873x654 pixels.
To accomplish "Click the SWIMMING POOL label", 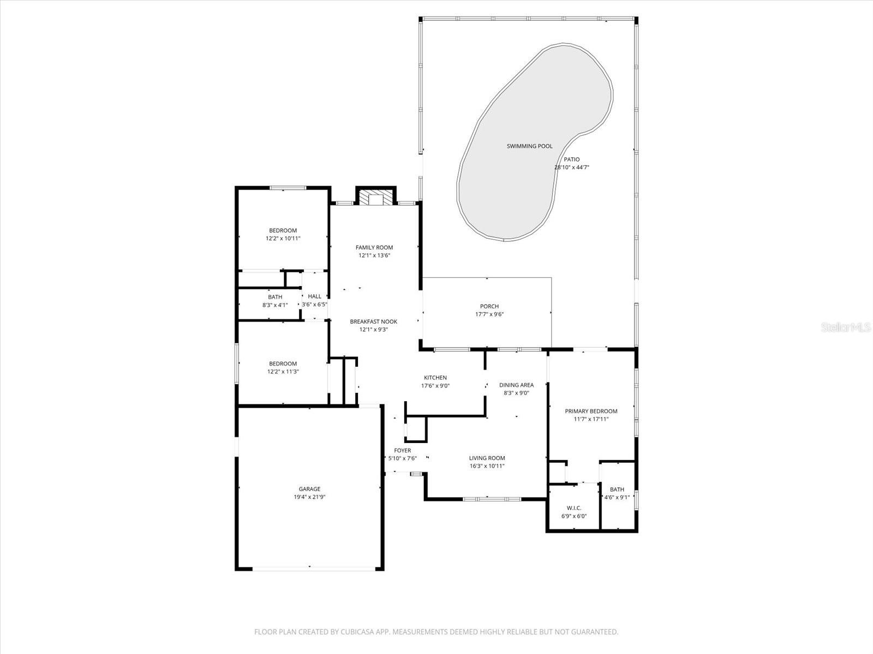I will (529, 146).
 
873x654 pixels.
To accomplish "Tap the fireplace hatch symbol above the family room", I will (376, 199).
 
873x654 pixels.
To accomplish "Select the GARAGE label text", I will (309, 489).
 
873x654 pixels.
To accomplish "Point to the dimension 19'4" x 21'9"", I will (309, 497).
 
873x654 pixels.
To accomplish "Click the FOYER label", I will (403, 450).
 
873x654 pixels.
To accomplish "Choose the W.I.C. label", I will (574, 508).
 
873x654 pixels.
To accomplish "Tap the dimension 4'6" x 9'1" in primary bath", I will (617, 497).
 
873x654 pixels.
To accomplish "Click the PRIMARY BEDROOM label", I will (591, 411).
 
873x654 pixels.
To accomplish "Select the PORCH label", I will (489, 306).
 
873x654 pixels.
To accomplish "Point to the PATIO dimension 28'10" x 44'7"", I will (572, 167).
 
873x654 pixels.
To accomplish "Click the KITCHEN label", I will (435, 378).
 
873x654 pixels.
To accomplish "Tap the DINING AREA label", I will (516, 385).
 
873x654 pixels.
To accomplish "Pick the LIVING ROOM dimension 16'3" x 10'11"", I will (487, 466).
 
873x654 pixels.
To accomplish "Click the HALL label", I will (315, 296).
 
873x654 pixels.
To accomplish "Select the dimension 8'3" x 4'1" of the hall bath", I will (275, 305).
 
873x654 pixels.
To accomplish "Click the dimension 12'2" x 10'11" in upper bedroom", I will (283, 238).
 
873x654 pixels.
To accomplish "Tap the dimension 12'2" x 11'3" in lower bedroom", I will (283, 372).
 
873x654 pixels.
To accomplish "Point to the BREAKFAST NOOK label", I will (374, 322).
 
